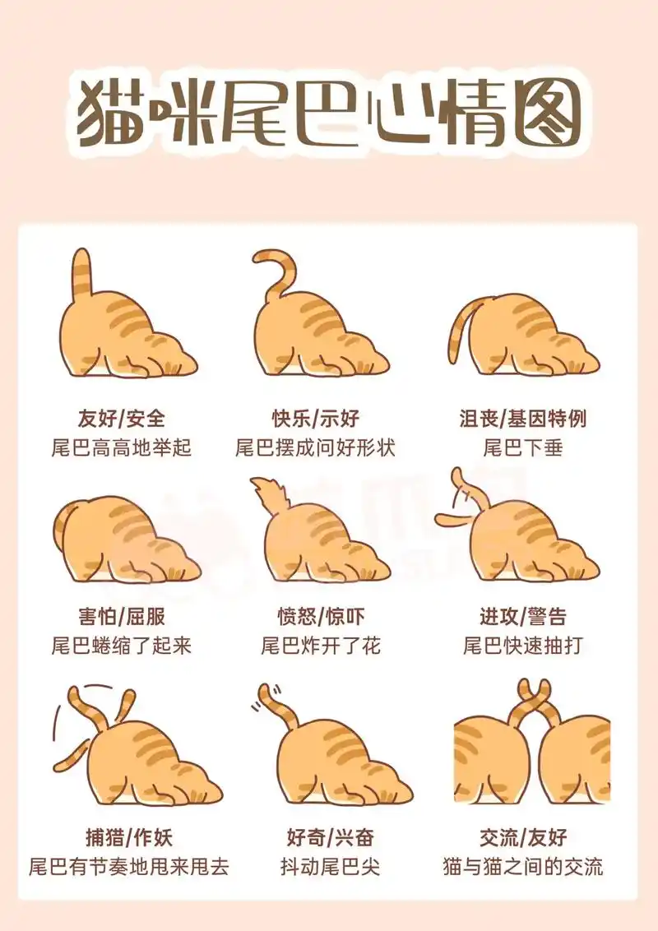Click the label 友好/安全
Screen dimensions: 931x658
(122, 418)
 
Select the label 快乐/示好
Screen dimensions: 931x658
(316, 418)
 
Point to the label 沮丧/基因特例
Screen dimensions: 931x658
(522, 418)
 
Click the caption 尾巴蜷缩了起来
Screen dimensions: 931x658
(122, 645)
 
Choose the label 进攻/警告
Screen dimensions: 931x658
(522, 617)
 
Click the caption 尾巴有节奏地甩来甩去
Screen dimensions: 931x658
(128, 866)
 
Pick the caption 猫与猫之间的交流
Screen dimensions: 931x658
(522, 866)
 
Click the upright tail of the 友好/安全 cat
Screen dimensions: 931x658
(81, 276)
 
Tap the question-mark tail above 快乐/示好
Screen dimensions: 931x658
(280, 271)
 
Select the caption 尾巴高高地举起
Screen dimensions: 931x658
(122, 447)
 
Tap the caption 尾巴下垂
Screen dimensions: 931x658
(522, 447)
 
